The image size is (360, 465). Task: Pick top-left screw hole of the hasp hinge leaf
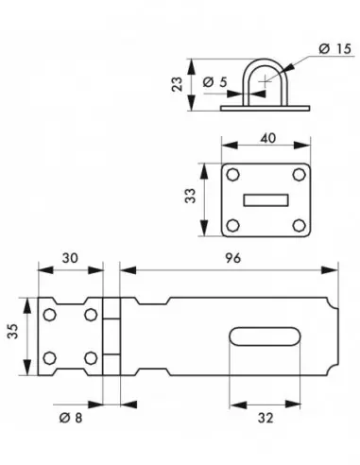click(x=54, y=315)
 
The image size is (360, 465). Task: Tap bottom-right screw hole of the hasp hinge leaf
click(x=90, y=358)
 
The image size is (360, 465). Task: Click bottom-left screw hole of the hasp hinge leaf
click(x=54, y=358)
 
